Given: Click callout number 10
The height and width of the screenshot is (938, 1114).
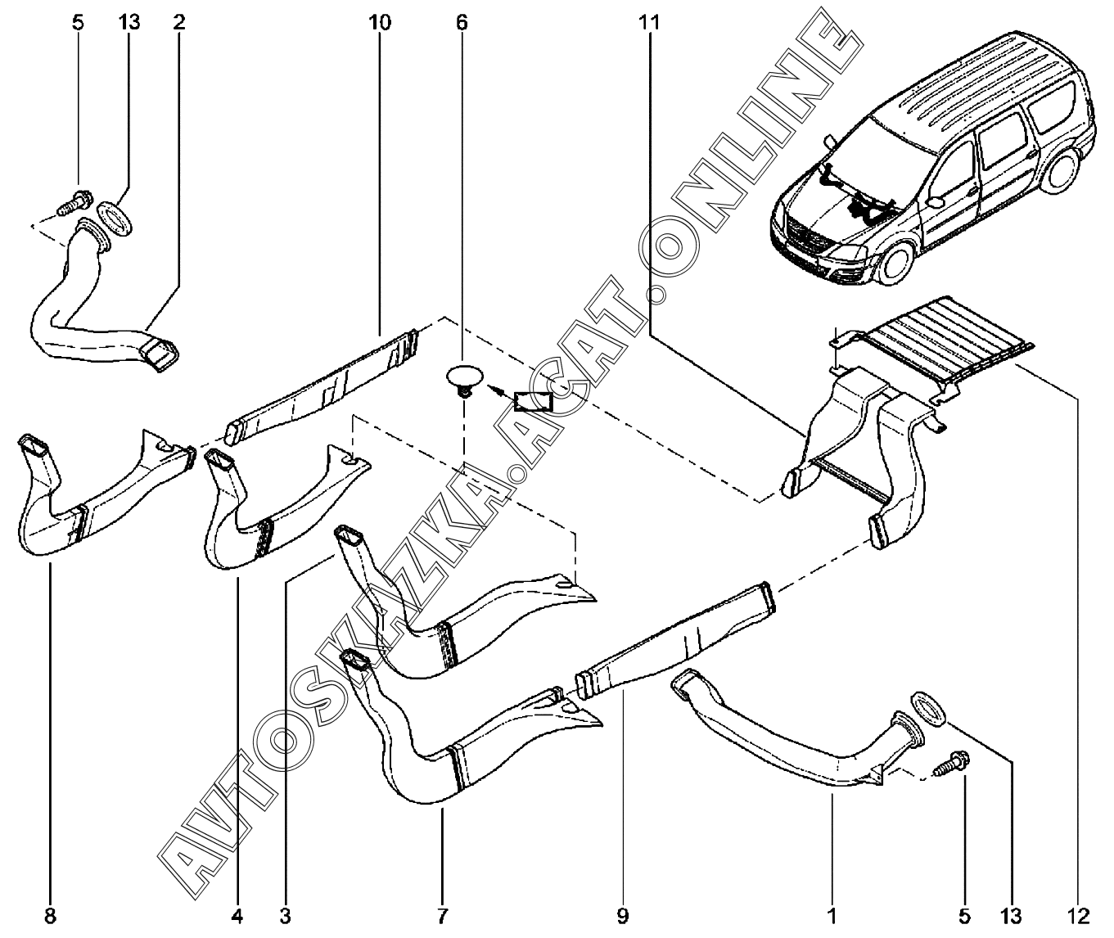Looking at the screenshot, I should point(380,23).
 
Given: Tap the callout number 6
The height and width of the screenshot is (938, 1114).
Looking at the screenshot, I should point(462,23).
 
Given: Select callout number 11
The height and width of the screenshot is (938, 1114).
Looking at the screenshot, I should point(649,23).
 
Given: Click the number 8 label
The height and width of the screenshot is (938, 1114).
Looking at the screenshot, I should point(50,914).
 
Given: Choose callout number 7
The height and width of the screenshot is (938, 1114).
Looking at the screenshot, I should point(442,914).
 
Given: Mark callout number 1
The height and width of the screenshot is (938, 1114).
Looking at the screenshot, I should point(832,914).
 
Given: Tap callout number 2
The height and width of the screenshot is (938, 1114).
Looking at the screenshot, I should point(179,23).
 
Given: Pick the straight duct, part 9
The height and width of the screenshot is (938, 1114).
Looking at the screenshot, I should point(675,638).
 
